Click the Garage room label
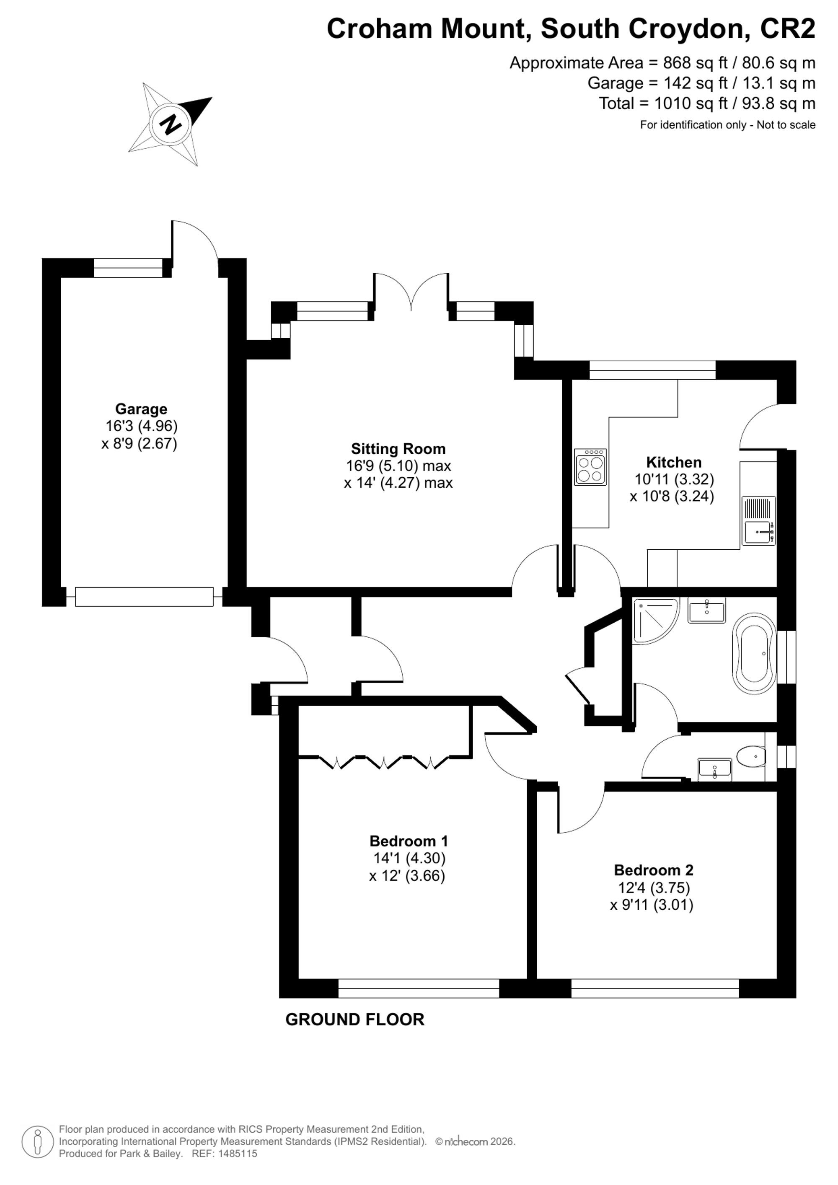coord(141,409)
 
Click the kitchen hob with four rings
coord(590,466)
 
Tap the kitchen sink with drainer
coord(758,520)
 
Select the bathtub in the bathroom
coord(754,652)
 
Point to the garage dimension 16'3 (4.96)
coord(141,426)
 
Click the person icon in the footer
coord(38,1142)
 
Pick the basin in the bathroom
coord(707,611)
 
